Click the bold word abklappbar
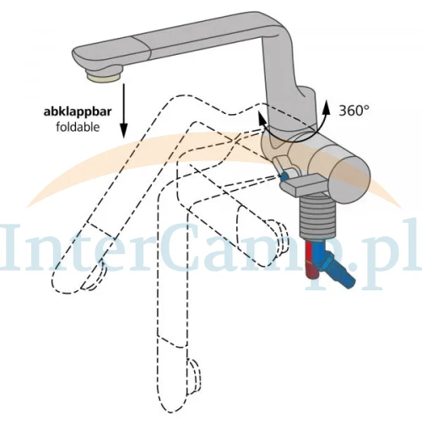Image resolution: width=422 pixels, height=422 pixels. [x=78, y=112]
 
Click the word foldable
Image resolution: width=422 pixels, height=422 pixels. [x=78, y=127]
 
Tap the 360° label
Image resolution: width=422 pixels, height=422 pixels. [x=354, y=111]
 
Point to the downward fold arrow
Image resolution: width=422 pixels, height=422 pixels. [x=123, y=111]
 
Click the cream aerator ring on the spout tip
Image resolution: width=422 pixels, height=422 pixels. [x=104, y=77]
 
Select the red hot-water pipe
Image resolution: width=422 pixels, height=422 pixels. [x=311, y=259]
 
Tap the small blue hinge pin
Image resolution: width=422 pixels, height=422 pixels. [x=284, y=176]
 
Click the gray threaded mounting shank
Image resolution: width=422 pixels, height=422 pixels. [x=318, y=217]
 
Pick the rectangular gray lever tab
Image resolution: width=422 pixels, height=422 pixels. [x=302, y=184]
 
